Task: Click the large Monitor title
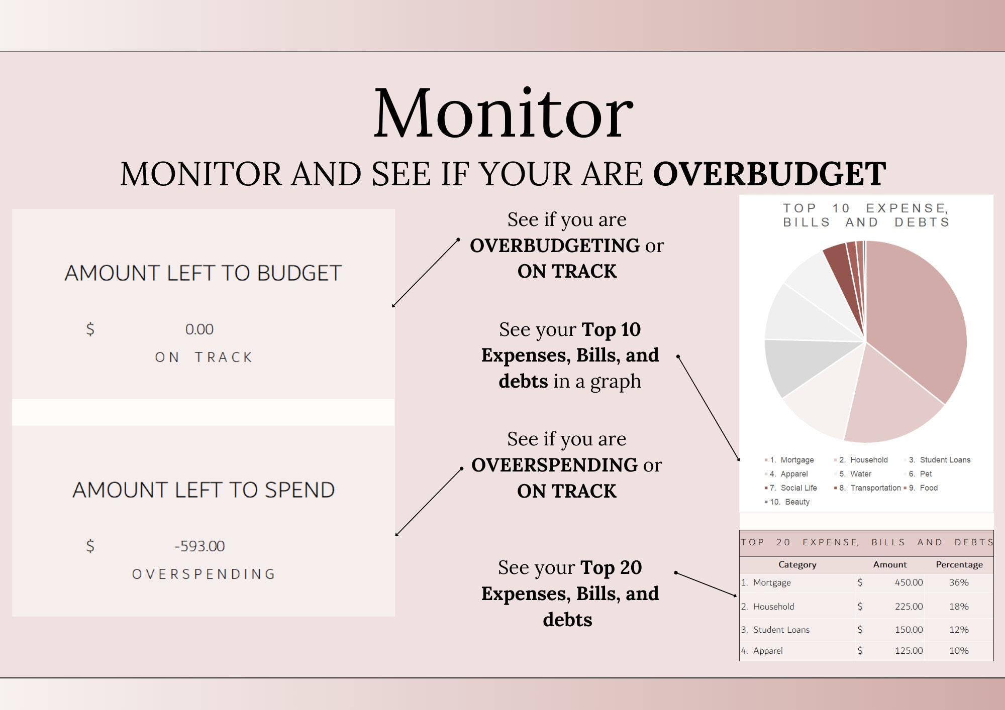pos(502,114)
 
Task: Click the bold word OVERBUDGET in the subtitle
pos(769,174)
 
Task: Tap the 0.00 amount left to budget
pos(199,329)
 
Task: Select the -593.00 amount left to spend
pos(199,546)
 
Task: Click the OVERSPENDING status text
pos(204,574)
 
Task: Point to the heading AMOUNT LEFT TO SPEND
pos(204,490)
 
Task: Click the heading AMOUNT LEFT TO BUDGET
pos(203,273)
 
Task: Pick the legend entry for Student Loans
pos(945,460)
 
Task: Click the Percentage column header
pos(959,565)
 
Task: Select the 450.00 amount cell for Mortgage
pos(909,582)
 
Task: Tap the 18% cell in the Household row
pos(959,607)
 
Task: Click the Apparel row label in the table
pos(768,651)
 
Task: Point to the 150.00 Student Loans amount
pos(909,630)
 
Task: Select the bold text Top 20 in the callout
pos(611,568)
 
